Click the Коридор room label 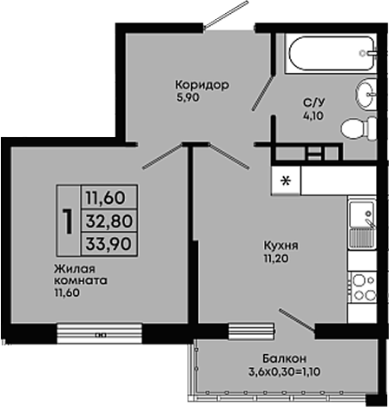202,85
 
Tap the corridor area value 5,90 188,98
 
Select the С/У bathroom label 313,102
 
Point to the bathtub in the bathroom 332,53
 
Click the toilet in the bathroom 359,128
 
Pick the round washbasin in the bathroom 366,95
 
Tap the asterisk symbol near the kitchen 287,181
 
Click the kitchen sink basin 362,214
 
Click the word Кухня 280,246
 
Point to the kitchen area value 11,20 276,259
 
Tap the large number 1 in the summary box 69,220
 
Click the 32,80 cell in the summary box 109,220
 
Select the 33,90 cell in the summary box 109,244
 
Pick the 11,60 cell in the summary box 109,197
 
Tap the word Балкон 284,358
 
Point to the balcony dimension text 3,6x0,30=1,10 284,371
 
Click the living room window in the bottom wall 100,333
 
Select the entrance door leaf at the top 226,15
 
